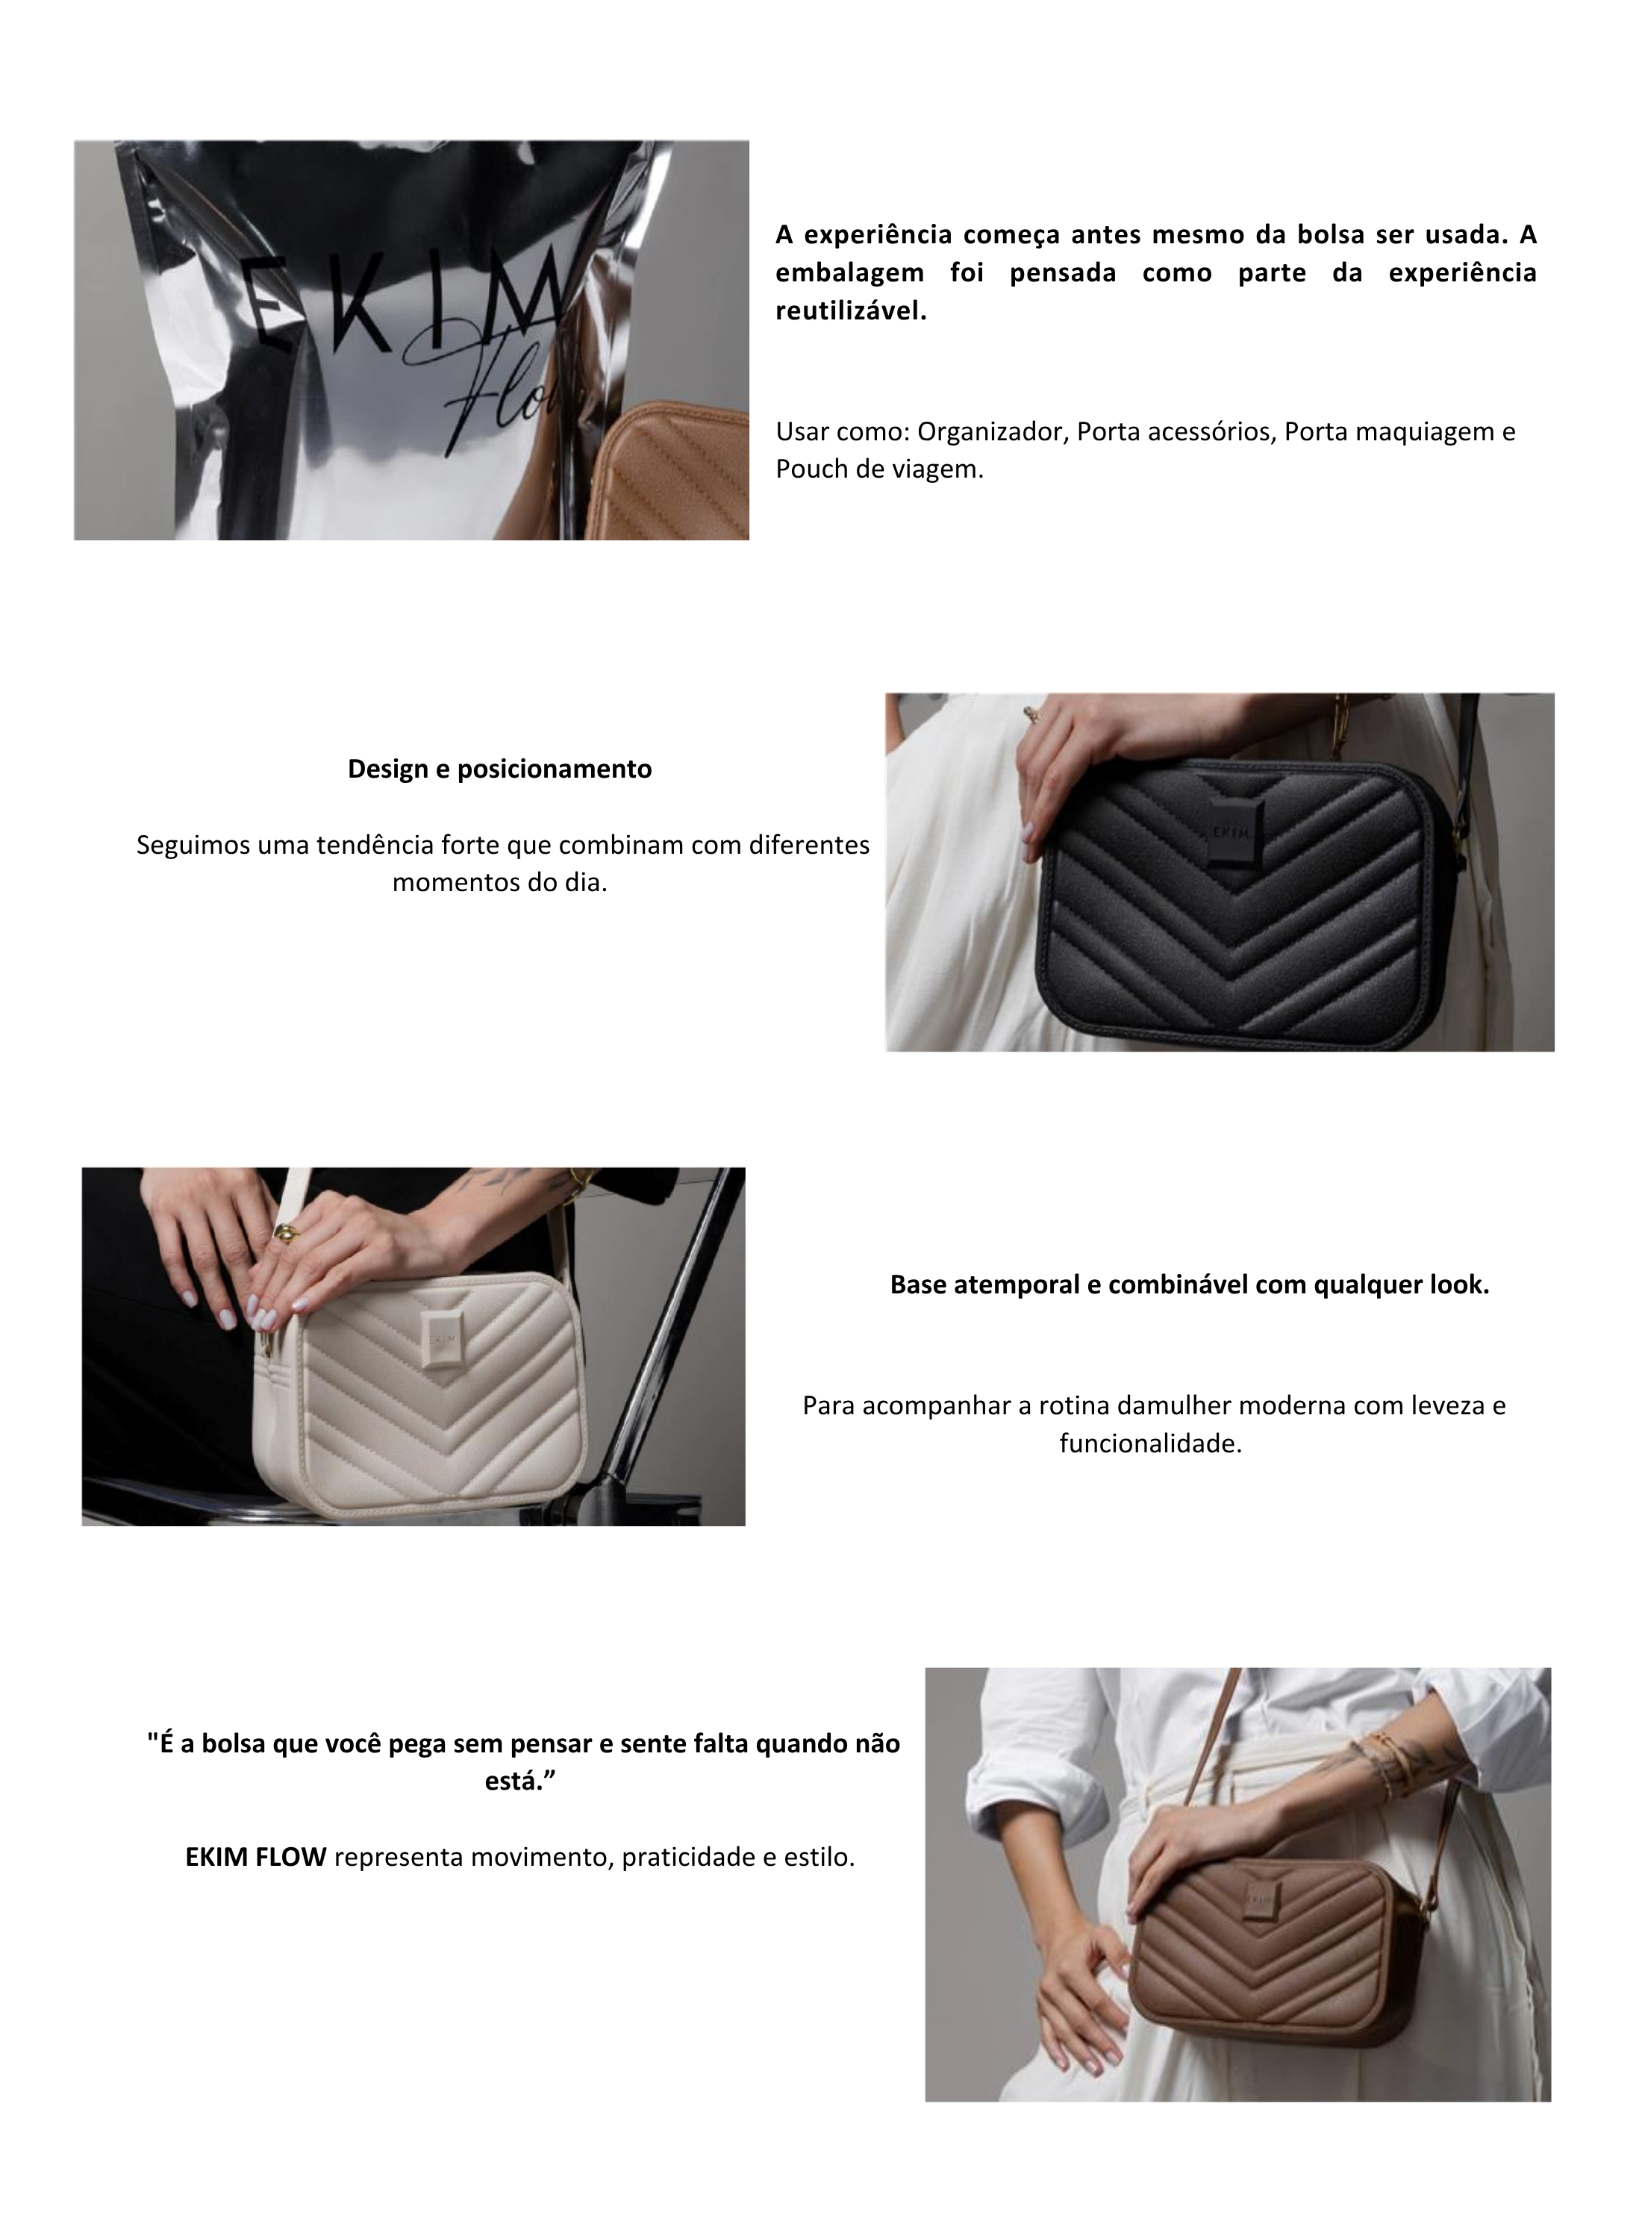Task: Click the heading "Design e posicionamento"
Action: (x=499, y=769)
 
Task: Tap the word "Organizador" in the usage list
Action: (x=990, y=431)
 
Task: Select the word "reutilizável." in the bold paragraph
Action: (x=851, y=311)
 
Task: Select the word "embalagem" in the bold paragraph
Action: (x=851, y=272)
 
